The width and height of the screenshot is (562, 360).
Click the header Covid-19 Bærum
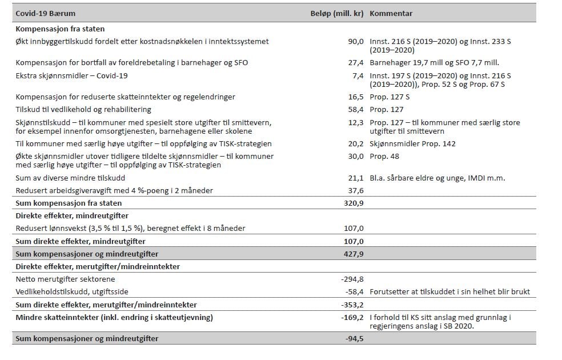45,13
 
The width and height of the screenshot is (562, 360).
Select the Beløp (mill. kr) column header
334,13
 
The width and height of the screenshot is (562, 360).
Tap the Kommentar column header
391,13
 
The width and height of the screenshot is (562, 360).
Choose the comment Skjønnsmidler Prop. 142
412,143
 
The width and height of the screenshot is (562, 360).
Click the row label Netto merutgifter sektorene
65,279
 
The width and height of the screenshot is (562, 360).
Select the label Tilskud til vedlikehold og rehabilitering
83,109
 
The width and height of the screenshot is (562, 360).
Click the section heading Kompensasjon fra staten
60,29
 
